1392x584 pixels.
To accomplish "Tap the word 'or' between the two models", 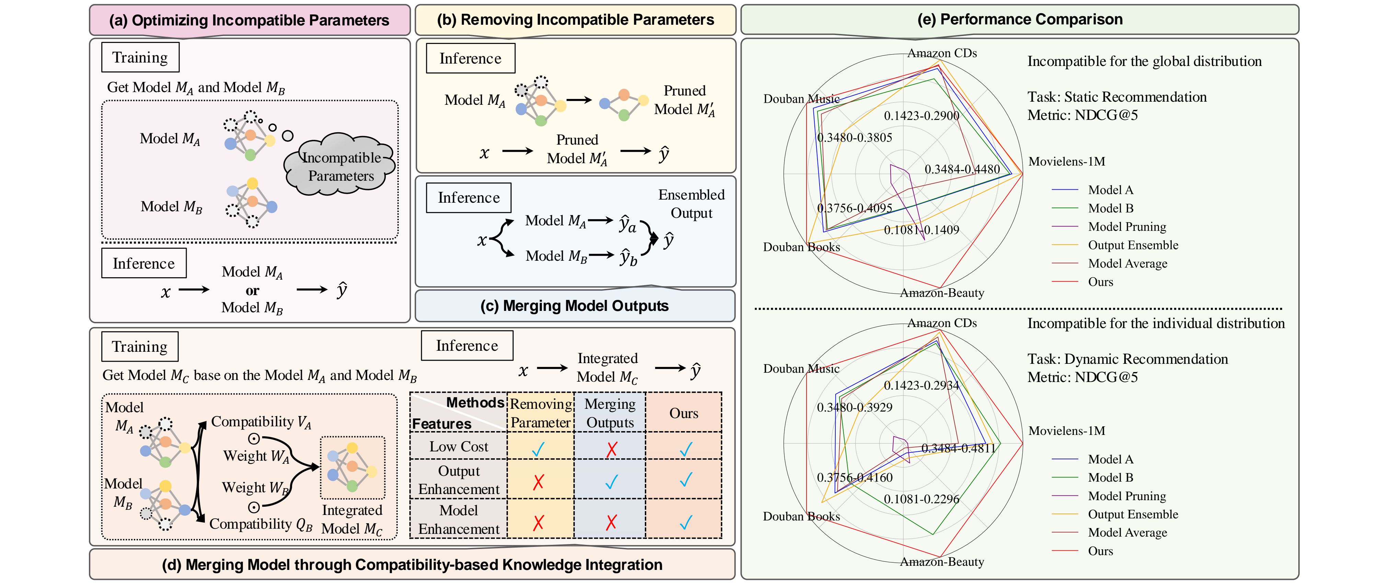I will (x=252, y=290).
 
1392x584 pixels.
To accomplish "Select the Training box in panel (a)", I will (x=140, y=57).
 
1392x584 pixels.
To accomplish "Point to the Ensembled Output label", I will (x=691, y=204).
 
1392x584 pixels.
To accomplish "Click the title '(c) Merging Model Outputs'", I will (x=575, y=306).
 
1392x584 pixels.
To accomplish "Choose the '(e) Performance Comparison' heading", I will (x=1020, y=20).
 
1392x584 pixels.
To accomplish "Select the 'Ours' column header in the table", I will (x=684, y=413).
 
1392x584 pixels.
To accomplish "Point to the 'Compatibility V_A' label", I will (x=261, y=422).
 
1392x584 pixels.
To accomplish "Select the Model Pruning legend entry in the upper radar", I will (x=1127, y=227).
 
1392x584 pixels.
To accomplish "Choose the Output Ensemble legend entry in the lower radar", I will (x=1133, y=514).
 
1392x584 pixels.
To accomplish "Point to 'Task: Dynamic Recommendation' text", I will (x=1127, y=359).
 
